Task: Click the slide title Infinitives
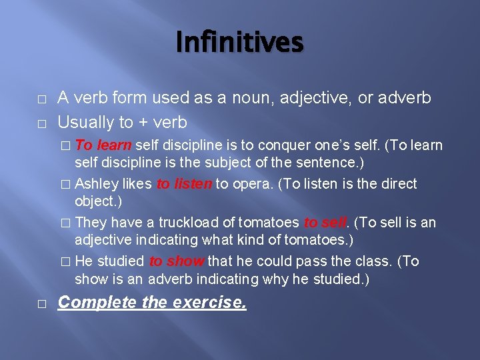[x=240, y=43]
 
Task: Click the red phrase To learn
[x=104, y=145]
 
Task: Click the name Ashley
[x=97, y=184]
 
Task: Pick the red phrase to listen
[x=184, y=184]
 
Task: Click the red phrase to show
[x=177, y=261]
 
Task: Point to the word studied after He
[x=121, y=261]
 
